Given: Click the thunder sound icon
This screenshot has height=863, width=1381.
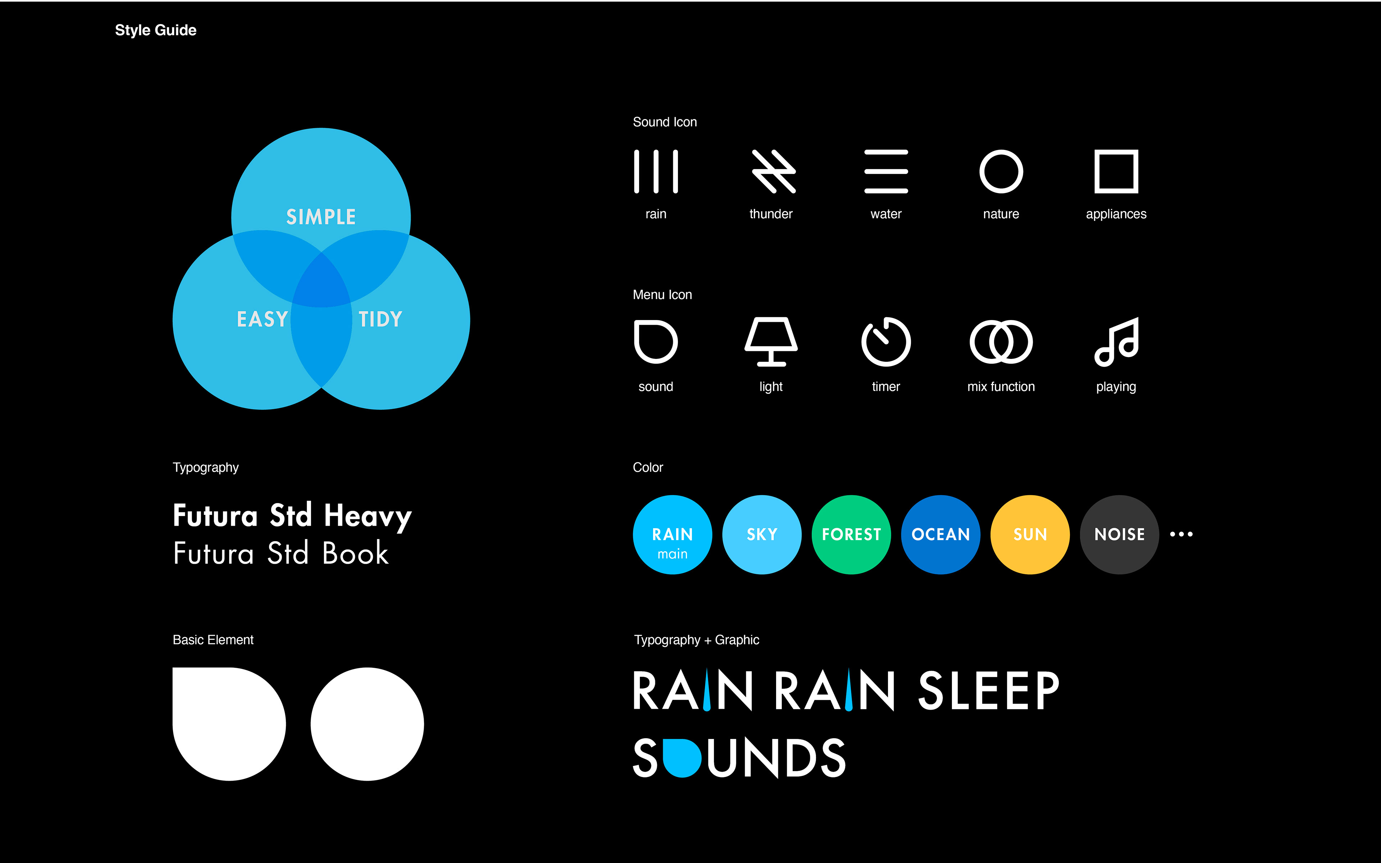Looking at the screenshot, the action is (773, 171).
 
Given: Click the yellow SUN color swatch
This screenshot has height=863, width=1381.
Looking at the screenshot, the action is (1030, 534).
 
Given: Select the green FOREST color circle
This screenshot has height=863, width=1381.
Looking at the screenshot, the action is (851, 534).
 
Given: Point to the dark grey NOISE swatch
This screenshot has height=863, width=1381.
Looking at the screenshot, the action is (1120, 534).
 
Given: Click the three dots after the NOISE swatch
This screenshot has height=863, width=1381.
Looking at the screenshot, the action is (1181, 534).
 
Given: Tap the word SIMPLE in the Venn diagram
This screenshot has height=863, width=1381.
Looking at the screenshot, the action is (321, 217).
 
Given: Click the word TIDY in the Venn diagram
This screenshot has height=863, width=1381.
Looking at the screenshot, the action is (380, 319).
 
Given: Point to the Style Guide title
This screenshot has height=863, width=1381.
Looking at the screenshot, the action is (156, 30).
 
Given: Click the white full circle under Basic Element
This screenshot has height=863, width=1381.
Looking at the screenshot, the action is (368, 724).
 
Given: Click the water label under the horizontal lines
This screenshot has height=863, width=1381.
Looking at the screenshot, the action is (886, 214).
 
